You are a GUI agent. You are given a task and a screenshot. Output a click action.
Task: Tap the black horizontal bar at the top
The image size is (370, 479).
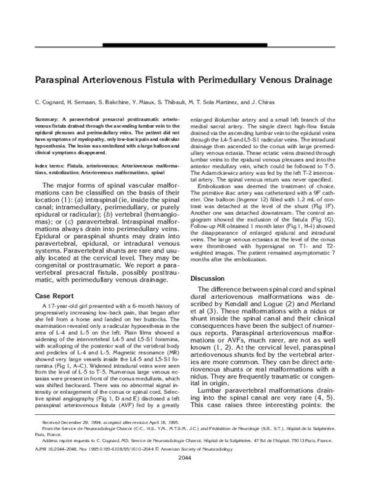click(x=185, y=45)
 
